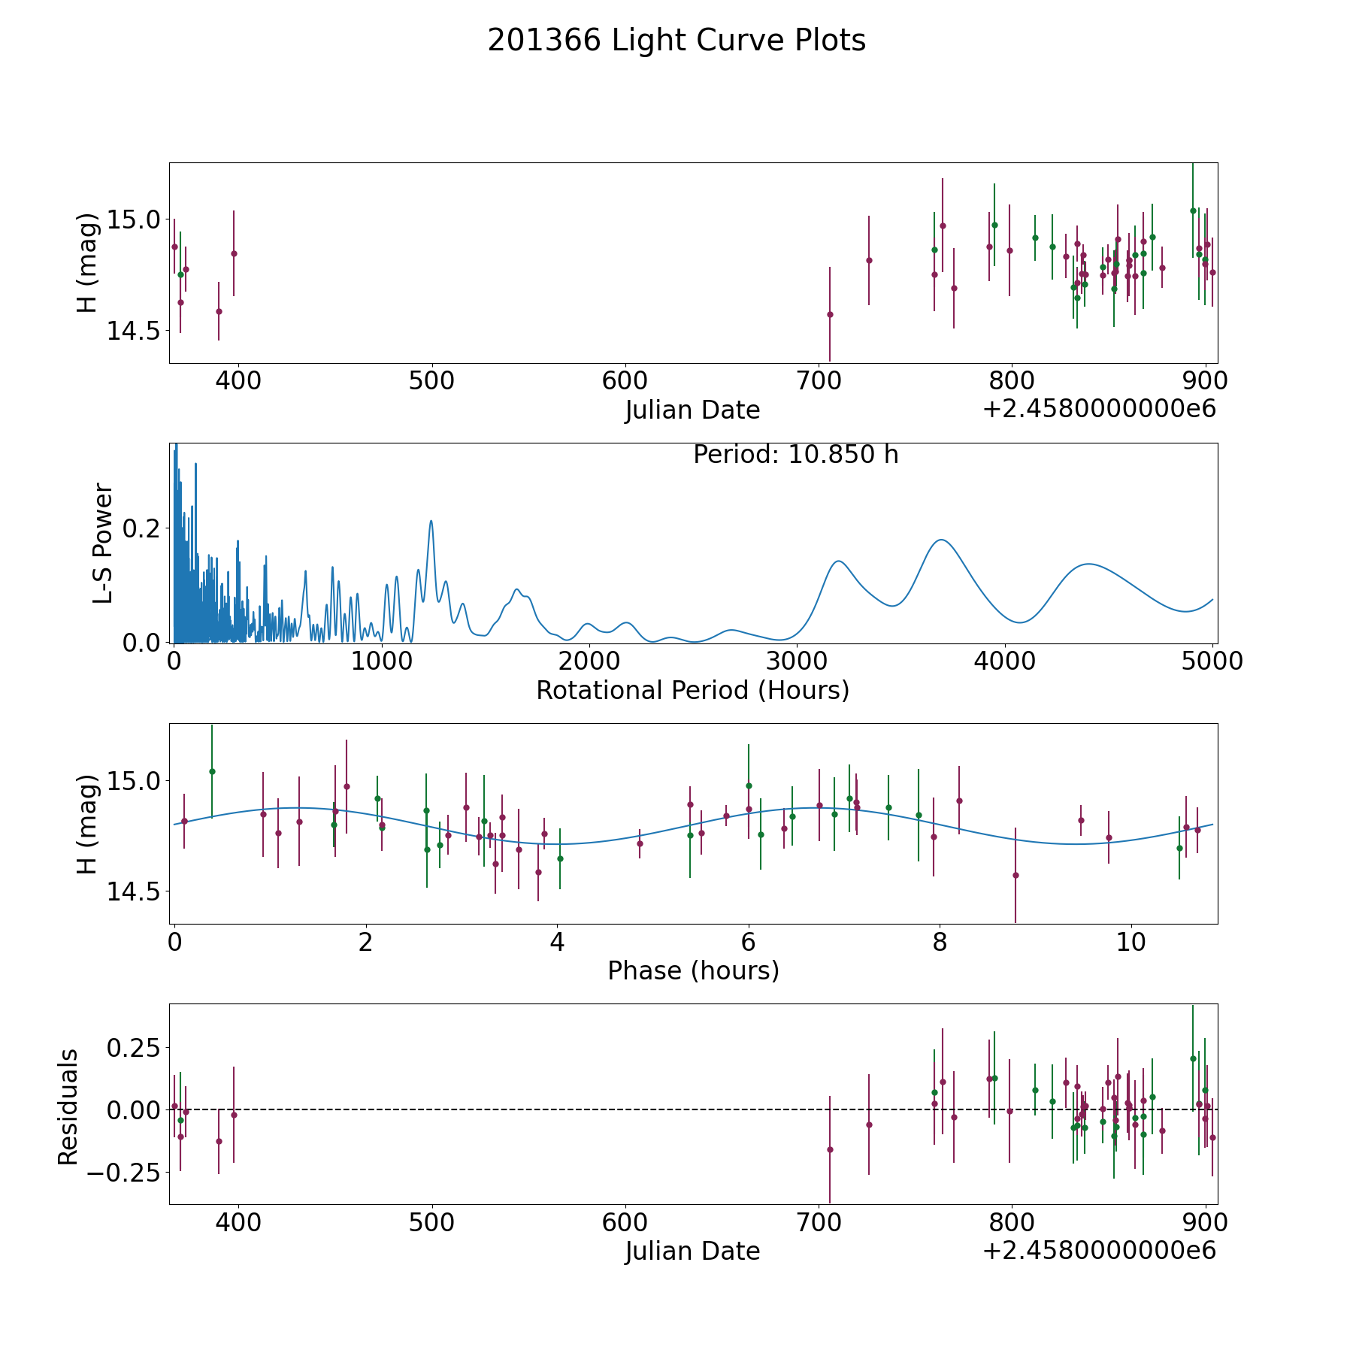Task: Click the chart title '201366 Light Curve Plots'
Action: [x=676, y=41]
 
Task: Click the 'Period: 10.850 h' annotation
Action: [x=795, y=455]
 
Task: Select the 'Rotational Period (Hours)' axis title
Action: [x=692, y=690]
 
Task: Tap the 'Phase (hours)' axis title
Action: [x=693, y=970]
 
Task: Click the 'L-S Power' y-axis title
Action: [x=103, y=543]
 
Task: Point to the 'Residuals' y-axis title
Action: [x=68, y=1106]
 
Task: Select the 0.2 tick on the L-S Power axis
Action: [x=142, y=528]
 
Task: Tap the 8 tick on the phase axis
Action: [x=940, y=942]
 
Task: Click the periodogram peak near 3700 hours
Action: [x=940, y=540]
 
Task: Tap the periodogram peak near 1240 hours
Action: [x=431, y=521]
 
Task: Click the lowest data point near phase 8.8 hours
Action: [x=1016, y=875]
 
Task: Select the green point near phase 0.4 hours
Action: [x=212, y=771]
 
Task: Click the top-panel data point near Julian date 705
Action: [x=830, y=314]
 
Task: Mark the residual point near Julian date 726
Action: [x=869, y=1124]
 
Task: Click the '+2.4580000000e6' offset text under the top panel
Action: [x=1099, y=409]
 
